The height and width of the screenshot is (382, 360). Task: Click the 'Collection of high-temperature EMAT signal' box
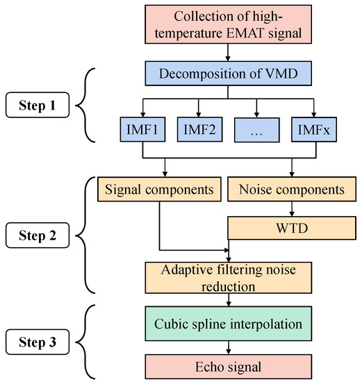pos(228,24)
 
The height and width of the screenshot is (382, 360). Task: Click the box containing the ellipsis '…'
pos(258,130)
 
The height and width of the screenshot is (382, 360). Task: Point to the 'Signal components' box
pos(160,188)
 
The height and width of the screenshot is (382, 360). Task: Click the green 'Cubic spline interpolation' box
pos(228,324)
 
